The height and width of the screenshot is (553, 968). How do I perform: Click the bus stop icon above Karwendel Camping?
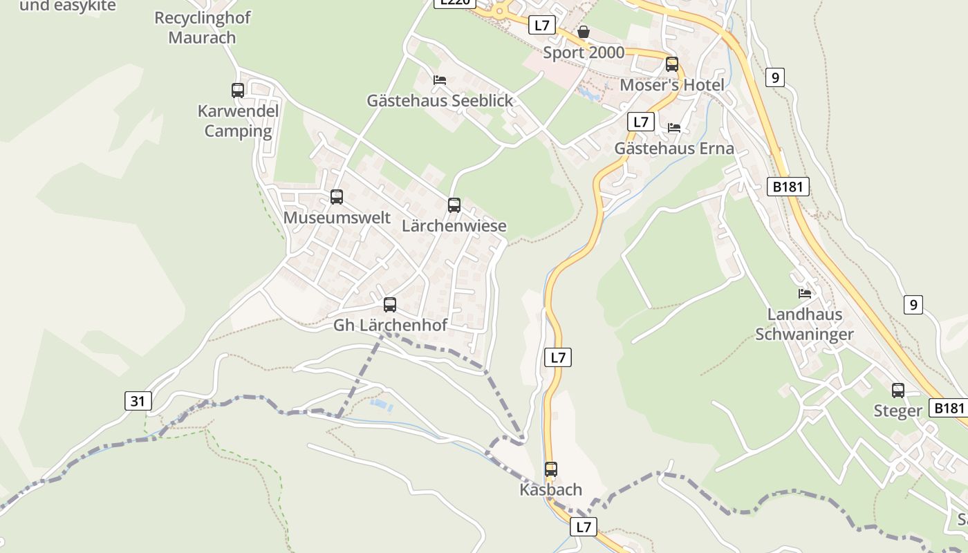pyautogui.click(x=238, y=91)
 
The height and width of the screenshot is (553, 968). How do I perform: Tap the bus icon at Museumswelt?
pyautogui.click(x=337, y=197)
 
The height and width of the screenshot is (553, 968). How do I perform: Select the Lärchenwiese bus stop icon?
pyautogui.click(x=454, y=205)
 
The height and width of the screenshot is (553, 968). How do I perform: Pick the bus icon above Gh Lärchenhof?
pyautogui.click(x=390, y=305)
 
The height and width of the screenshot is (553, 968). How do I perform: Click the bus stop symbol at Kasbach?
pyautogui.click(x=551, y=469)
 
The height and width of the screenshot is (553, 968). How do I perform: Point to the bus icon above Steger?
pyautogui.click(x=898, y=391)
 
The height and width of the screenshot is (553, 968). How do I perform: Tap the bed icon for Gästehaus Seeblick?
pyautogui.click(x=440, y=80)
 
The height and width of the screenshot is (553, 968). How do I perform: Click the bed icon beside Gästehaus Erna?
pyautogui.click(x=674, y=128)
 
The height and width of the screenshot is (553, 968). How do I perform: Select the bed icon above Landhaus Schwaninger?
pyautogui.click(x=805, y=294)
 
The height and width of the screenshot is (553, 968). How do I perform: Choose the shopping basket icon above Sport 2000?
pyautogui.click(x=584, y=32)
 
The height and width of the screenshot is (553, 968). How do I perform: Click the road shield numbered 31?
pyautogui.click(x=138, y=401)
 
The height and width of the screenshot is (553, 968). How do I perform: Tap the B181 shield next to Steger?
pyautogui.click(x=948, y=408)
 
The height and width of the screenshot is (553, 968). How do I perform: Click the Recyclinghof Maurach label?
pyautogui.click(x=203, y=28)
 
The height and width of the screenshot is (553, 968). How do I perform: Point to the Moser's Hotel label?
pyautogui.click(x=672, y=85)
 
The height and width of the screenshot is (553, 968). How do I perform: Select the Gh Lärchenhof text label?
pyautogui.click(x=390, y=325)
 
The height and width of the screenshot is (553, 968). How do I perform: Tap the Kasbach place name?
pyautogui.click(x=551, y=489)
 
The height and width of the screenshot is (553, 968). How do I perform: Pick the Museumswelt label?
pyautogui.click(x=337, y=218)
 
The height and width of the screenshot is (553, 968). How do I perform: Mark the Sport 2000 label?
pyautogui.click(x=584, y=53)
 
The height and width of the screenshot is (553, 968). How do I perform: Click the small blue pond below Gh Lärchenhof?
pyautogui.click(x=382, y=404)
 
